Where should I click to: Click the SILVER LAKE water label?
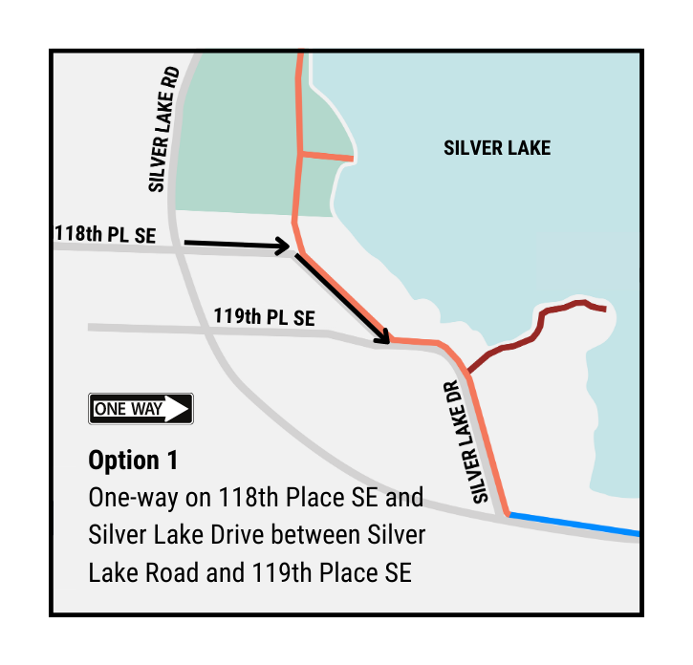[x=497, y=148]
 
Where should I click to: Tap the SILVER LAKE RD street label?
[x=163, y=130]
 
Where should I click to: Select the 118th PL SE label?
[x=104, y=234]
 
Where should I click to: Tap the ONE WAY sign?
[x=141, y=409]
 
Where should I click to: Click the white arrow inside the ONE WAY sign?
[x=176, y=409]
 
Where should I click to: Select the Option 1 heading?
[x=133, y=460]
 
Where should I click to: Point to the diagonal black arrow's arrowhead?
[x=385, y=337]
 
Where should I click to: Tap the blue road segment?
[x=574, y=525]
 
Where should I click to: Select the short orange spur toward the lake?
[x=328, y=156]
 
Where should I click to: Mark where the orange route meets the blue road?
[x=508, y=515]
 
